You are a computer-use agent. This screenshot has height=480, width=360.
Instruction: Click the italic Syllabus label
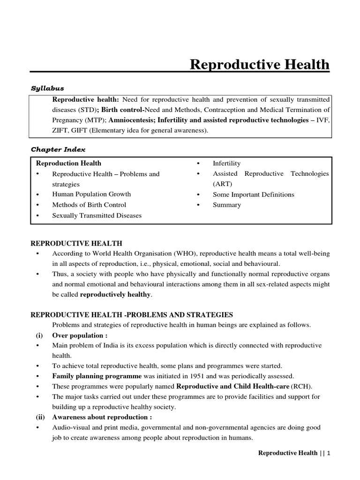point(47,88)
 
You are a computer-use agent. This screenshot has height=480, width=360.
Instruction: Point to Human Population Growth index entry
point(91,194)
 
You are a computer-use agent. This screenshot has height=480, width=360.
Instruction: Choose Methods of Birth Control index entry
point(89,205)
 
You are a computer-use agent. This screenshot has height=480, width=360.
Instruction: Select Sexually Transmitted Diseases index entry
point(97,216)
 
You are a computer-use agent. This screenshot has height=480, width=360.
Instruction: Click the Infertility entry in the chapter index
point(226,164)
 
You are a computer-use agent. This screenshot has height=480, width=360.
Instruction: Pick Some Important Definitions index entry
point(253,195)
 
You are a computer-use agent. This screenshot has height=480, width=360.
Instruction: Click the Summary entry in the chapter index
point(227,205)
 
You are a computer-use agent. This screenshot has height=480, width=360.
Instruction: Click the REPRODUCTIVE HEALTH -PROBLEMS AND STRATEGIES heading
point(132,315)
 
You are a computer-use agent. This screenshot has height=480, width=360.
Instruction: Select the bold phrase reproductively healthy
point(116,295)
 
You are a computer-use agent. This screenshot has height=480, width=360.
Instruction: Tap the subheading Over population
point(80,336)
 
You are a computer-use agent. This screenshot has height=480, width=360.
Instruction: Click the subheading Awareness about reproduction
point(102,417)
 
